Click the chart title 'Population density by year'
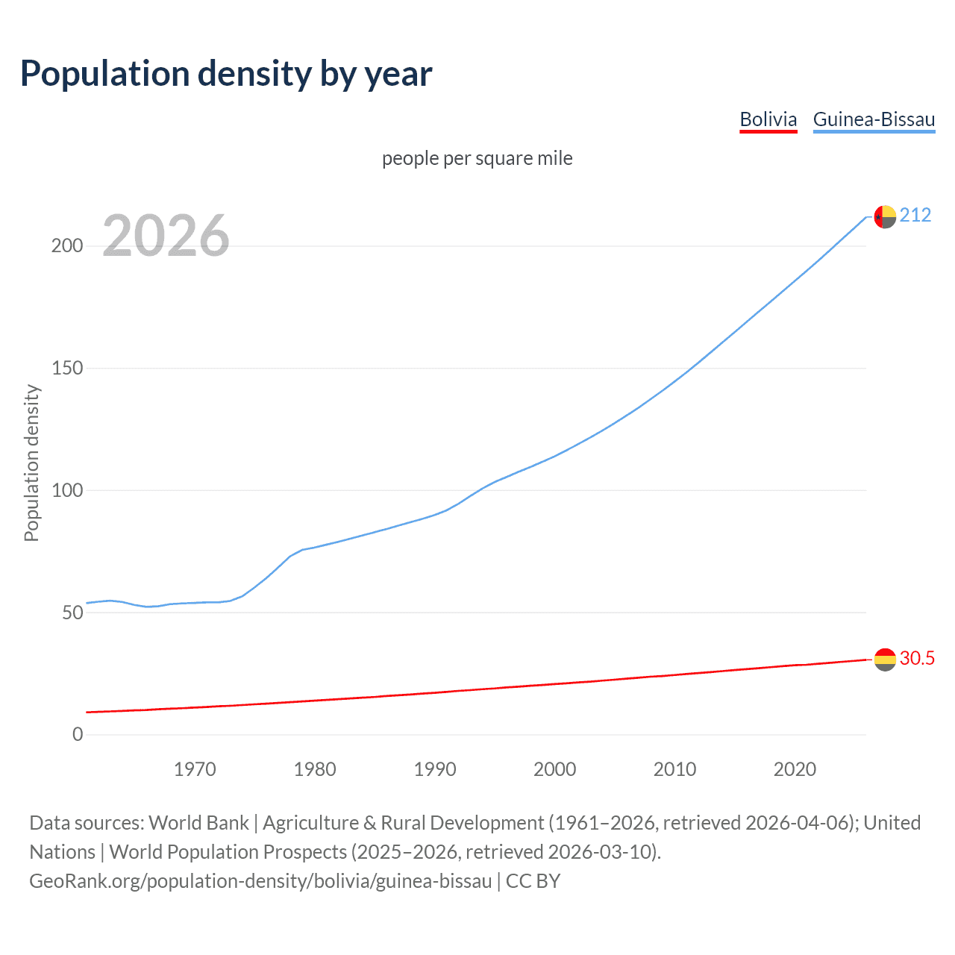(226, 74)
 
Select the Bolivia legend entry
(768, 119)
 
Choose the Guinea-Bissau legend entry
(874, 119)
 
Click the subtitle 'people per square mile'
(477, 159)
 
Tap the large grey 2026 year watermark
(166, 236)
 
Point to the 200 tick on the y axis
(67, 246)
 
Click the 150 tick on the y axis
(67, 369)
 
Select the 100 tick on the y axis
(67, 491)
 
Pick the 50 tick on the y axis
(72, 613)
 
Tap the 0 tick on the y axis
(78, 735)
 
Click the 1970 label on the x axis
(195, 769)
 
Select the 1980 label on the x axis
(315, 769)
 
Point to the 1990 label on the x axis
(435, 769)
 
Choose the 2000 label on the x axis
(554, 769)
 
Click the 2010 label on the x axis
(674, 769)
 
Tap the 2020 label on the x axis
(795, 769)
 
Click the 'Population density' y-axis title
(31, 463)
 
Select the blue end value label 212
(915, 216)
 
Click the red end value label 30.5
(917, 658)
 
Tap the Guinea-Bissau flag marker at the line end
(885, 217)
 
